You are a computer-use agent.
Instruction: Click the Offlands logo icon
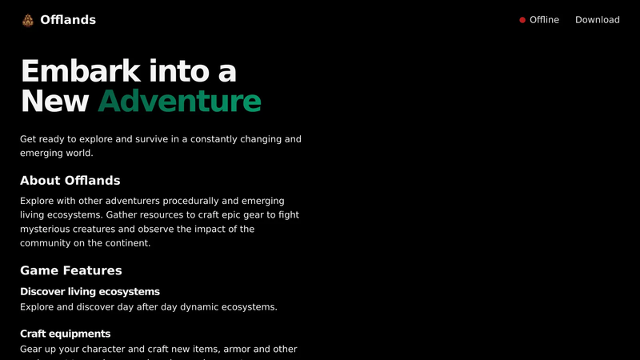tap(28, 20)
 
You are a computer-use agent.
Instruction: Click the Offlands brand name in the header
tap(68, 20)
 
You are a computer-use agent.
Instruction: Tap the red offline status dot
tap(522, 20)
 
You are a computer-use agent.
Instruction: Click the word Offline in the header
tap(544, 20)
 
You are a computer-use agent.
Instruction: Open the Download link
tap(597, 20)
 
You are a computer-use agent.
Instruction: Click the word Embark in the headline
tap(81, 71)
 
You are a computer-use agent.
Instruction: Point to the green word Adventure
tap(179, 102)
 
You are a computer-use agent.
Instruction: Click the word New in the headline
tap(54, 102)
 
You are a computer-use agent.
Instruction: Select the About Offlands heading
tap(70, 181)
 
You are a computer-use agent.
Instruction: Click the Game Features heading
tap(71, 270)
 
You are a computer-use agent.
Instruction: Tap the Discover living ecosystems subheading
tap(90, 291)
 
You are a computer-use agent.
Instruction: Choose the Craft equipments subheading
tap(66, 334)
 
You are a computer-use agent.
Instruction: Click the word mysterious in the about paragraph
tap(45, 229)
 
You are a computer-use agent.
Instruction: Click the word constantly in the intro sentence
tap(214, 139)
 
